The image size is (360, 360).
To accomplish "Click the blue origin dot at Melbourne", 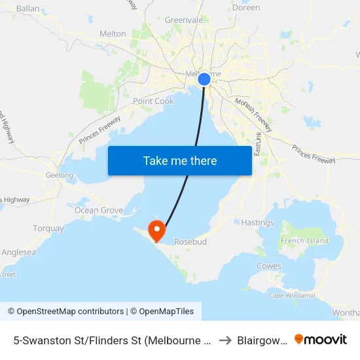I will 204,79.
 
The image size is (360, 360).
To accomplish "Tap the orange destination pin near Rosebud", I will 156,230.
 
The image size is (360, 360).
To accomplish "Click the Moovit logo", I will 321,339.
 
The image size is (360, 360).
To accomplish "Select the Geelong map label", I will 60,175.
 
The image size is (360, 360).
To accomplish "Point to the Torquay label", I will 48,228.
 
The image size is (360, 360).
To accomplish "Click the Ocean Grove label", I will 98,210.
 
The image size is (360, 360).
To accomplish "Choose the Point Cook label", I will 153,101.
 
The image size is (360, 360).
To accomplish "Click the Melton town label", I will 113,33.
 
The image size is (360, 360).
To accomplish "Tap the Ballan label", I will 28,9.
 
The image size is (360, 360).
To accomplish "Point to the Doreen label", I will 246,8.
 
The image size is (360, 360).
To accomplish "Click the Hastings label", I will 257,223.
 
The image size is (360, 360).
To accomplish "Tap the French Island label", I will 304,240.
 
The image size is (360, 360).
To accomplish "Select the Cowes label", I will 269,266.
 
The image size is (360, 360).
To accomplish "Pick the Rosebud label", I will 190,242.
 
